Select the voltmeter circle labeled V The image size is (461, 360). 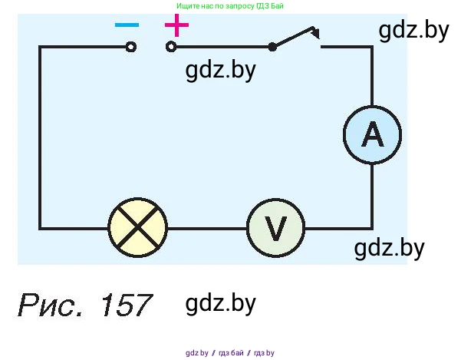point(275,229)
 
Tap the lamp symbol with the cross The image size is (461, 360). point(137,228)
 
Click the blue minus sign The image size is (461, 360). point(127,25)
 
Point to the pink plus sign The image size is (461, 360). point(176,26)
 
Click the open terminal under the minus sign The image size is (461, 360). point(131,47)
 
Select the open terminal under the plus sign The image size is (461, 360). point(171,47)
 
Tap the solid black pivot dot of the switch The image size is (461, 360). point(272,47)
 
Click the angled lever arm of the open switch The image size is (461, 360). point(295,37)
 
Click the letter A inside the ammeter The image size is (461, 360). point(372,134)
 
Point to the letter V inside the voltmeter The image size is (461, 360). point(275,229)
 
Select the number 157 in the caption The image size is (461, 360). point(123,305)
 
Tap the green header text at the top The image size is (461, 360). point(230,5)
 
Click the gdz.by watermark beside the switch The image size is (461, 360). point(413,31)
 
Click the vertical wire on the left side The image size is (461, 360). point(40,138)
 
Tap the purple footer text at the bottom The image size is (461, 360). point(229,353)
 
